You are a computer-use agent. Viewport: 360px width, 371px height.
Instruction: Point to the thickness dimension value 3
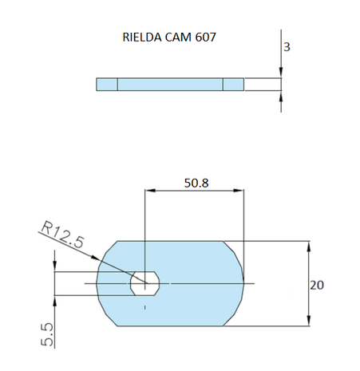click(x=287, y=47)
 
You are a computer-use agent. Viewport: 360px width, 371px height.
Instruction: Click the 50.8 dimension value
click(x=196, y=183)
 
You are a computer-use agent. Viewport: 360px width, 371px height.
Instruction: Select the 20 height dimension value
click(x=318, y=283)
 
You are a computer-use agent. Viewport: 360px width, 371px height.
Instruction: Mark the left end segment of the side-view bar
click(x=107, y=85)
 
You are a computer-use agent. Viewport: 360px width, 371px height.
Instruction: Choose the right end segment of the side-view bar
click(x=233, y=85)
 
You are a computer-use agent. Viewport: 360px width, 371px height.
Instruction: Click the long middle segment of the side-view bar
click(x=170, y=85)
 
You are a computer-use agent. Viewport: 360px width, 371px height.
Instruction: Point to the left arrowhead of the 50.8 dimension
click(x=149, y=191)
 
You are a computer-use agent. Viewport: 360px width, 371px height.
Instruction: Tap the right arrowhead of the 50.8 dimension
click(x=239, y=191)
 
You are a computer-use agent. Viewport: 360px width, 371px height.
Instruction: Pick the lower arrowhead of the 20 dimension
click(x=308, y=321)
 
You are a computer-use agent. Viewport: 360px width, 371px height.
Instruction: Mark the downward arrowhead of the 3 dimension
click(x=281, y=73)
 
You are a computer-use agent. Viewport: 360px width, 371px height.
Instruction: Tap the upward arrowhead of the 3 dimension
click(x=281, y=97)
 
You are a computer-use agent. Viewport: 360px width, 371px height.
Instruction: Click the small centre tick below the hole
click(x=144, y=306)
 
